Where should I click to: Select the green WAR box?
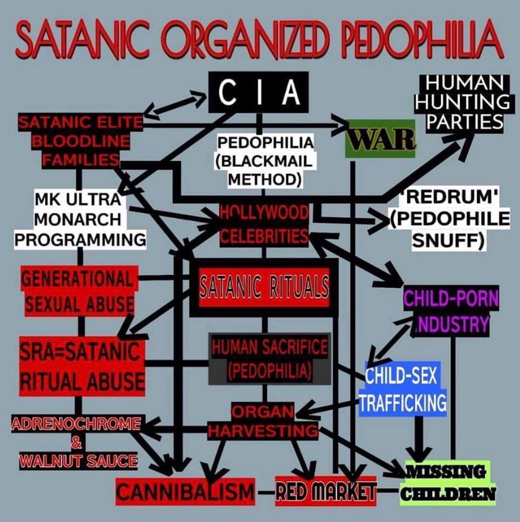pyautogui.click(x=380, y=139)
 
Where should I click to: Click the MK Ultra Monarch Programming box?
pyautogui.click(x=80, y=220)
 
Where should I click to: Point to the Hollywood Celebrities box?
pyautogui.click(x=264, y=224)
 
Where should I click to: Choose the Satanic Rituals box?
pyautogui.click(x=264, y=287)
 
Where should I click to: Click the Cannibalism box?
pyautogui.click(x=185, y=491)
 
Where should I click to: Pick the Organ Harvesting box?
pyautogui.click(x=263, y=422)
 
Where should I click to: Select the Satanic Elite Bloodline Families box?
pyautogui.click(x=80, y=141)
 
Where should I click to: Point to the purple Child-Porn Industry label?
pyautogui.click(x=451, y=311)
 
